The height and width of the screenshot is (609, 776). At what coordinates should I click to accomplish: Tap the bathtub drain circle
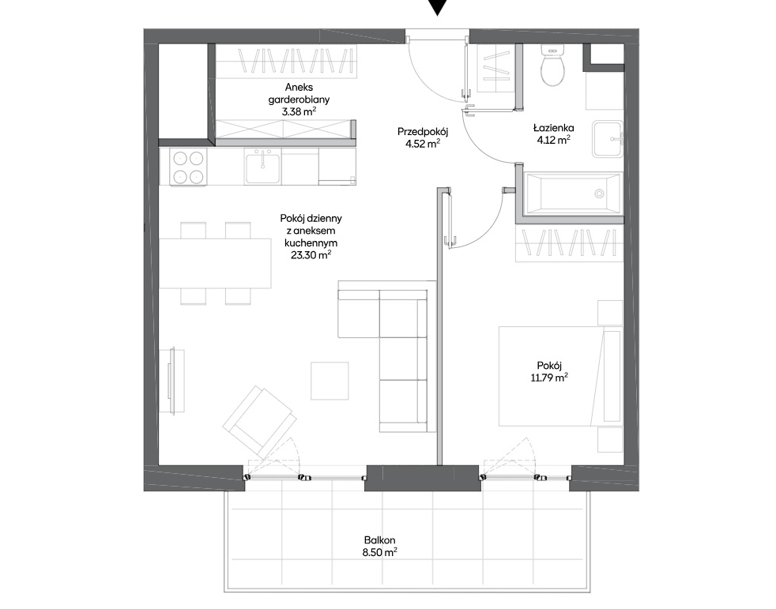599,194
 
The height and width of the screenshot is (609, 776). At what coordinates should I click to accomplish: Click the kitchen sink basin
262,167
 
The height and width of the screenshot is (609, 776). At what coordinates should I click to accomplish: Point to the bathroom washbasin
608,138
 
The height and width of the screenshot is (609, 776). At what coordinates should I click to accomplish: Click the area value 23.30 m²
311,255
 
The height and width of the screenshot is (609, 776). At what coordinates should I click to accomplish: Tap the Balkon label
379,540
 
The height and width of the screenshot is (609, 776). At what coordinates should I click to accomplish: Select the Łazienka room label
553,128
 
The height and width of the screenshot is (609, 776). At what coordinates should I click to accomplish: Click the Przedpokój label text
423,132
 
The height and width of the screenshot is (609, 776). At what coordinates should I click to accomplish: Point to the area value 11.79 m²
549,378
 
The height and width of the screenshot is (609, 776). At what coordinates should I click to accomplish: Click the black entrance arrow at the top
438,7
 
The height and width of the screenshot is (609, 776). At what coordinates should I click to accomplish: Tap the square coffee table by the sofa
330,381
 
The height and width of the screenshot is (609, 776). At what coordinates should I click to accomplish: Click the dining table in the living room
215,263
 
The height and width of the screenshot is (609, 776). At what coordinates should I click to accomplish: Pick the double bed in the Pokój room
560,376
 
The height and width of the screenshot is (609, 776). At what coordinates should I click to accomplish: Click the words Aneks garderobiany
299,93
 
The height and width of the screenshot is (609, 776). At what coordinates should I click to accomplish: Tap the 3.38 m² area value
299,112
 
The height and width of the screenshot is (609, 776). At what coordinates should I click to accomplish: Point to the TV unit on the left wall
173,381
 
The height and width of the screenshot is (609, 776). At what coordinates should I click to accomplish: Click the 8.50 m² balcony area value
379,553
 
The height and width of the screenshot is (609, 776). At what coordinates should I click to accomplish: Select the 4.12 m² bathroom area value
553,141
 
